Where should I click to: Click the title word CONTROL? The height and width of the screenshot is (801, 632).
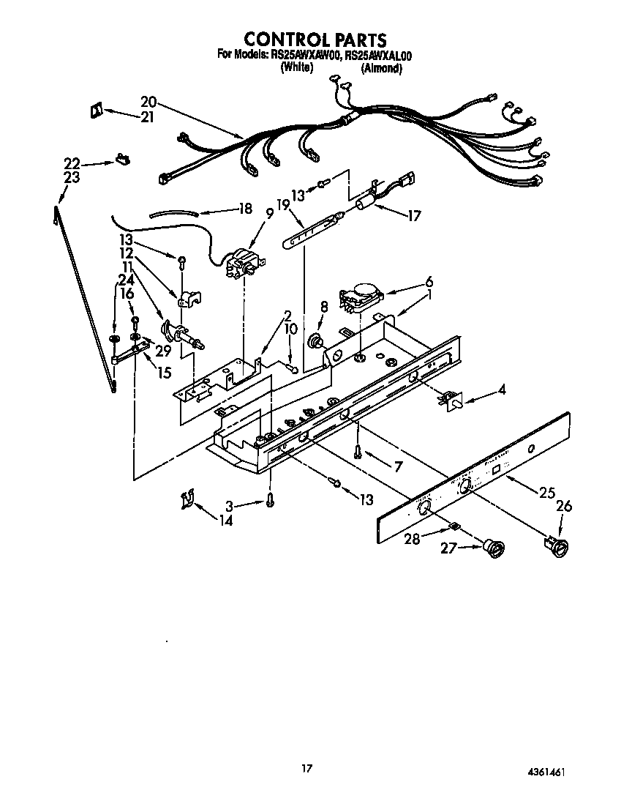[276, 39]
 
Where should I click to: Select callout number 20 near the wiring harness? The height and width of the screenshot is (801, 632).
[148, 102]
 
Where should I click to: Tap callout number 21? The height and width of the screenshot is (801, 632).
[147, 116]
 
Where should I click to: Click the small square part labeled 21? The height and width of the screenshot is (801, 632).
[94, 111]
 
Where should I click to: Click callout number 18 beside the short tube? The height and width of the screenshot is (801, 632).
[245, 208]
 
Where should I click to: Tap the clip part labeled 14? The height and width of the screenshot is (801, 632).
[187, 501]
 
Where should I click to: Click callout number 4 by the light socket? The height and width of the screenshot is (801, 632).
[501, 390]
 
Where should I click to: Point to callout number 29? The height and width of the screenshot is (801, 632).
[162, 351]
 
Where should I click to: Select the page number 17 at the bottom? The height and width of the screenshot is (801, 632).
[307, 768]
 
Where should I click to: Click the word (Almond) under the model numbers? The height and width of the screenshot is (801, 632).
[381, 68]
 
